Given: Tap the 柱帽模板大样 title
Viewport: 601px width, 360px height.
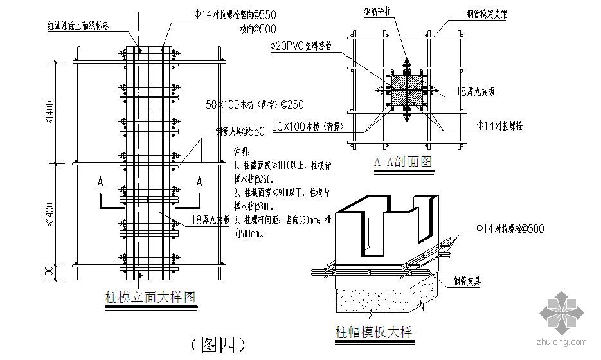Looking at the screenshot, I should coord(373,332).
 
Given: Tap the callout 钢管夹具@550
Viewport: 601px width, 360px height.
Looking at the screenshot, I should coord(239,132).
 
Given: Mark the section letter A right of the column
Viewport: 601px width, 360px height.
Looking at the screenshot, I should coord(199,182).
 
